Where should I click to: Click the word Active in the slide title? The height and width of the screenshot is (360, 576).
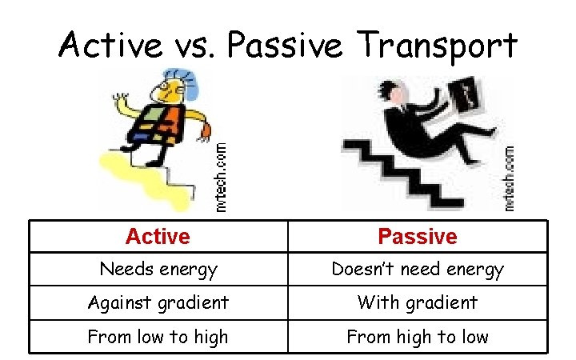pyautogui.click(x=110, y=46)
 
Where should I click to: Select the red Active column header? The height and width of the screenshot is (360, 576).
pyautogui.click(x=158, y=237)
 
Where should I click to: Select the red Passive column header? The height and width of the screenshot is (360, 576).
pyautogui.click(x=417, y=237)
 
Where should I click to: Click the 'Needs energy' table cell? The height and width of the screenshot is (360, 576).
pyautogui.click(x=158, y=270)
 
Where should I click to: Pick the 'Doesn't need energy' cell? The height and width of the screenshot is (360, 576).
pyautogui.click(x=417, y=270)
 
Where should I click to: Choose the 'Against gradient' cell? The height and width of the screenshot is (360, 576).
pyautogui.click(x=158, y=302)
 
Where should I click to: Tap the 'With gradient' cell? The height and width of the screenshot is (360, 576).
pyautogui.click(x=417, y=302)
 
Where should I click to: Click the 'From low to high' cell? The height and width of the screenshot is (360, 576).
pyautogui.click(x=158, y=337)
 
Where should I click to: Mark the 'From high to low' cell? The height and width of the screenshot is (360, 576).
pyautogui.click(x=417, y=337)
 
